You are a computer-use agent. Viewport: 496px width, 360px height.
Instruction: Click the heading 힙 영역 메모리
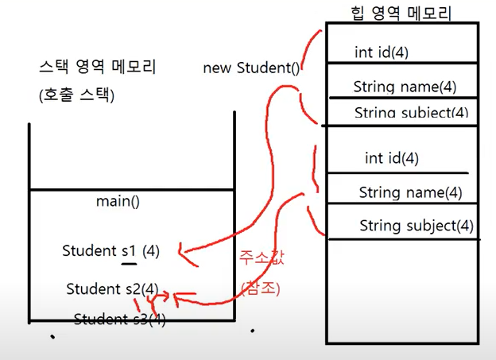click(401, 12)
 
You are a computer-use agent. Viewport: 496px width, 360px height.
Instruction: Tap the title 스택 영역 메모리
click(97, 68)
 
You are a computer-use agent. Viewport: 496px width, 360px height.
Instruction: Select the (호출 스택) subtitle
click(76, 96)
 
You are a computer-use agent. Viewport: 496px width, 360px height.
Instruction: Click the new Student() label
click(251, 68)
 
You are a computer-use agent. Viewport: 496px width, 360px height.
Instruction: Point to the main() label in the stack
click(118, 202)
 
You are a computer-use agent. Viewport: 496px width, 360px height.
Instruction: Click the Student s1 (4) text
click(111, 251)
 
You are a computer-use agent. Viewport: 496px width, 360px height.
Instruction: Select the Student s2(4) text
click(112, 288)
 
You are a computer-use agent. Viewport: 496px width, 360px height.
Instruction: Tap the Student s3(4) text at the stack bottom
click(120, 319)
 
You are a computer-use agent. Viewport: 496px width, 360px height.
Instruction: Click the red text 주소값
click(258, 258)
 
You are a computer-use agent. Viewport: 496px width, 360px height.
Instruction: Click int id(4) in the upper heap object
click(386, 52)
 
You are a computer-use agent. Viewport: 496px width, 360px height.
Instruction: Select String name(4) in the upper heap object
click(405, 87)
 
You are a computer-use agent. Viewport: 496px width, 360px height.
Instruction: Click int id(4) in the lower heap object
click(391, 158)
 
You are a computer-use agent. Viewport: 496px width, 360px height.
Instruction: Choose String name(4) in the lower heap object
click(410, 192)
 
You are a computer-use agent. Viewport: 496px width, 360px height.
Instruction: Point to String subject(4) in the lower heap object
click(416, 226)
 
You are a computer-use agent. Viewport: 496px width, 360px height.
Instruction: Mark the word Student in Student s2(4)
click(92, 288)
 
